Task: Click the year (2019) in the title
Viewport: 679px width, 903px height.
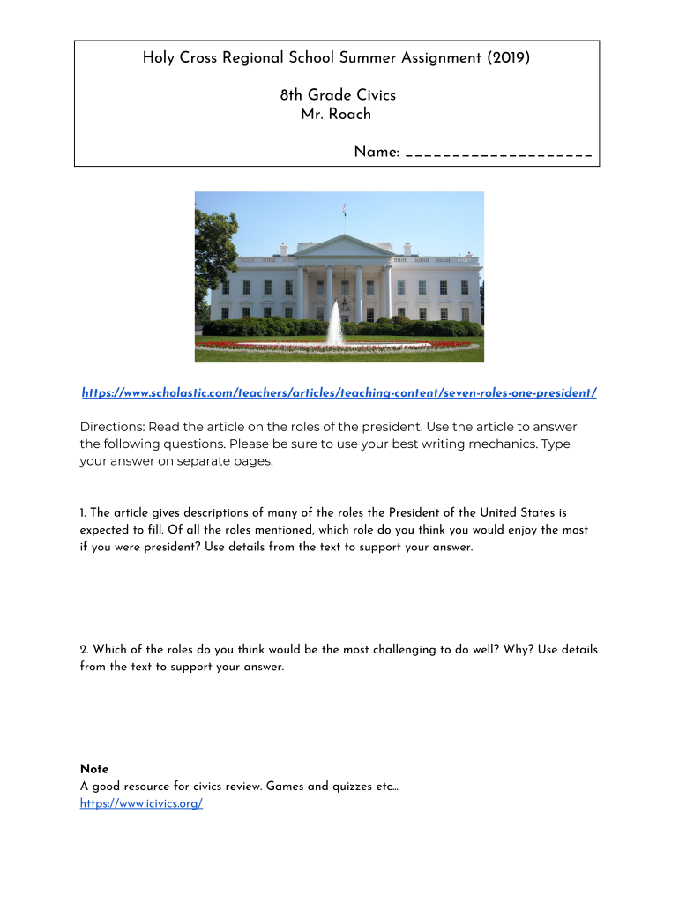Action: (509, 59)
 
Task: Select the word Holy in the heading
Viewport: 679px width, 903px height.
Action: (160, 59)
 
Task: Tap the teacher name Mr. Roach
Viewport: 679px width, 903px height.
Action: (336, 114)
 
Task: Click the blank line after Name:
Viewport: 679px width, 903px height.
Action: (498, 153)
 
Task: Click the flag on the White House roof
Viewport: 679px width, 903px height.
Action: (344, 209)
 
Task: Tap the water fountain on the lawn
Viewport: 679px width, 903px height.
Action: (336, 324)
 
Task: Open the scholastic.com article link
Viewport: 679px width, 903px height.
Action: (339, 392)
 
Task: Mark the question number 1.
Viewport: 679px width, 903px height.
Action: (82, 512)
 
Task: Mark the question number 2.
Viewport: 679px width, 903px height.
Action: (83, 649)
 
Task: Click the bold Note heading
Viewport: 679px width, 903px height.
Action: (94, 769)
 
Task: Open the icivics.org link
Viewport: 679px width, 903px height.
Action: (141, 803)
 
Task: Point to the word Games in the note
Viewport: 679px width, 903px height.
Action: (284, 786)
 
